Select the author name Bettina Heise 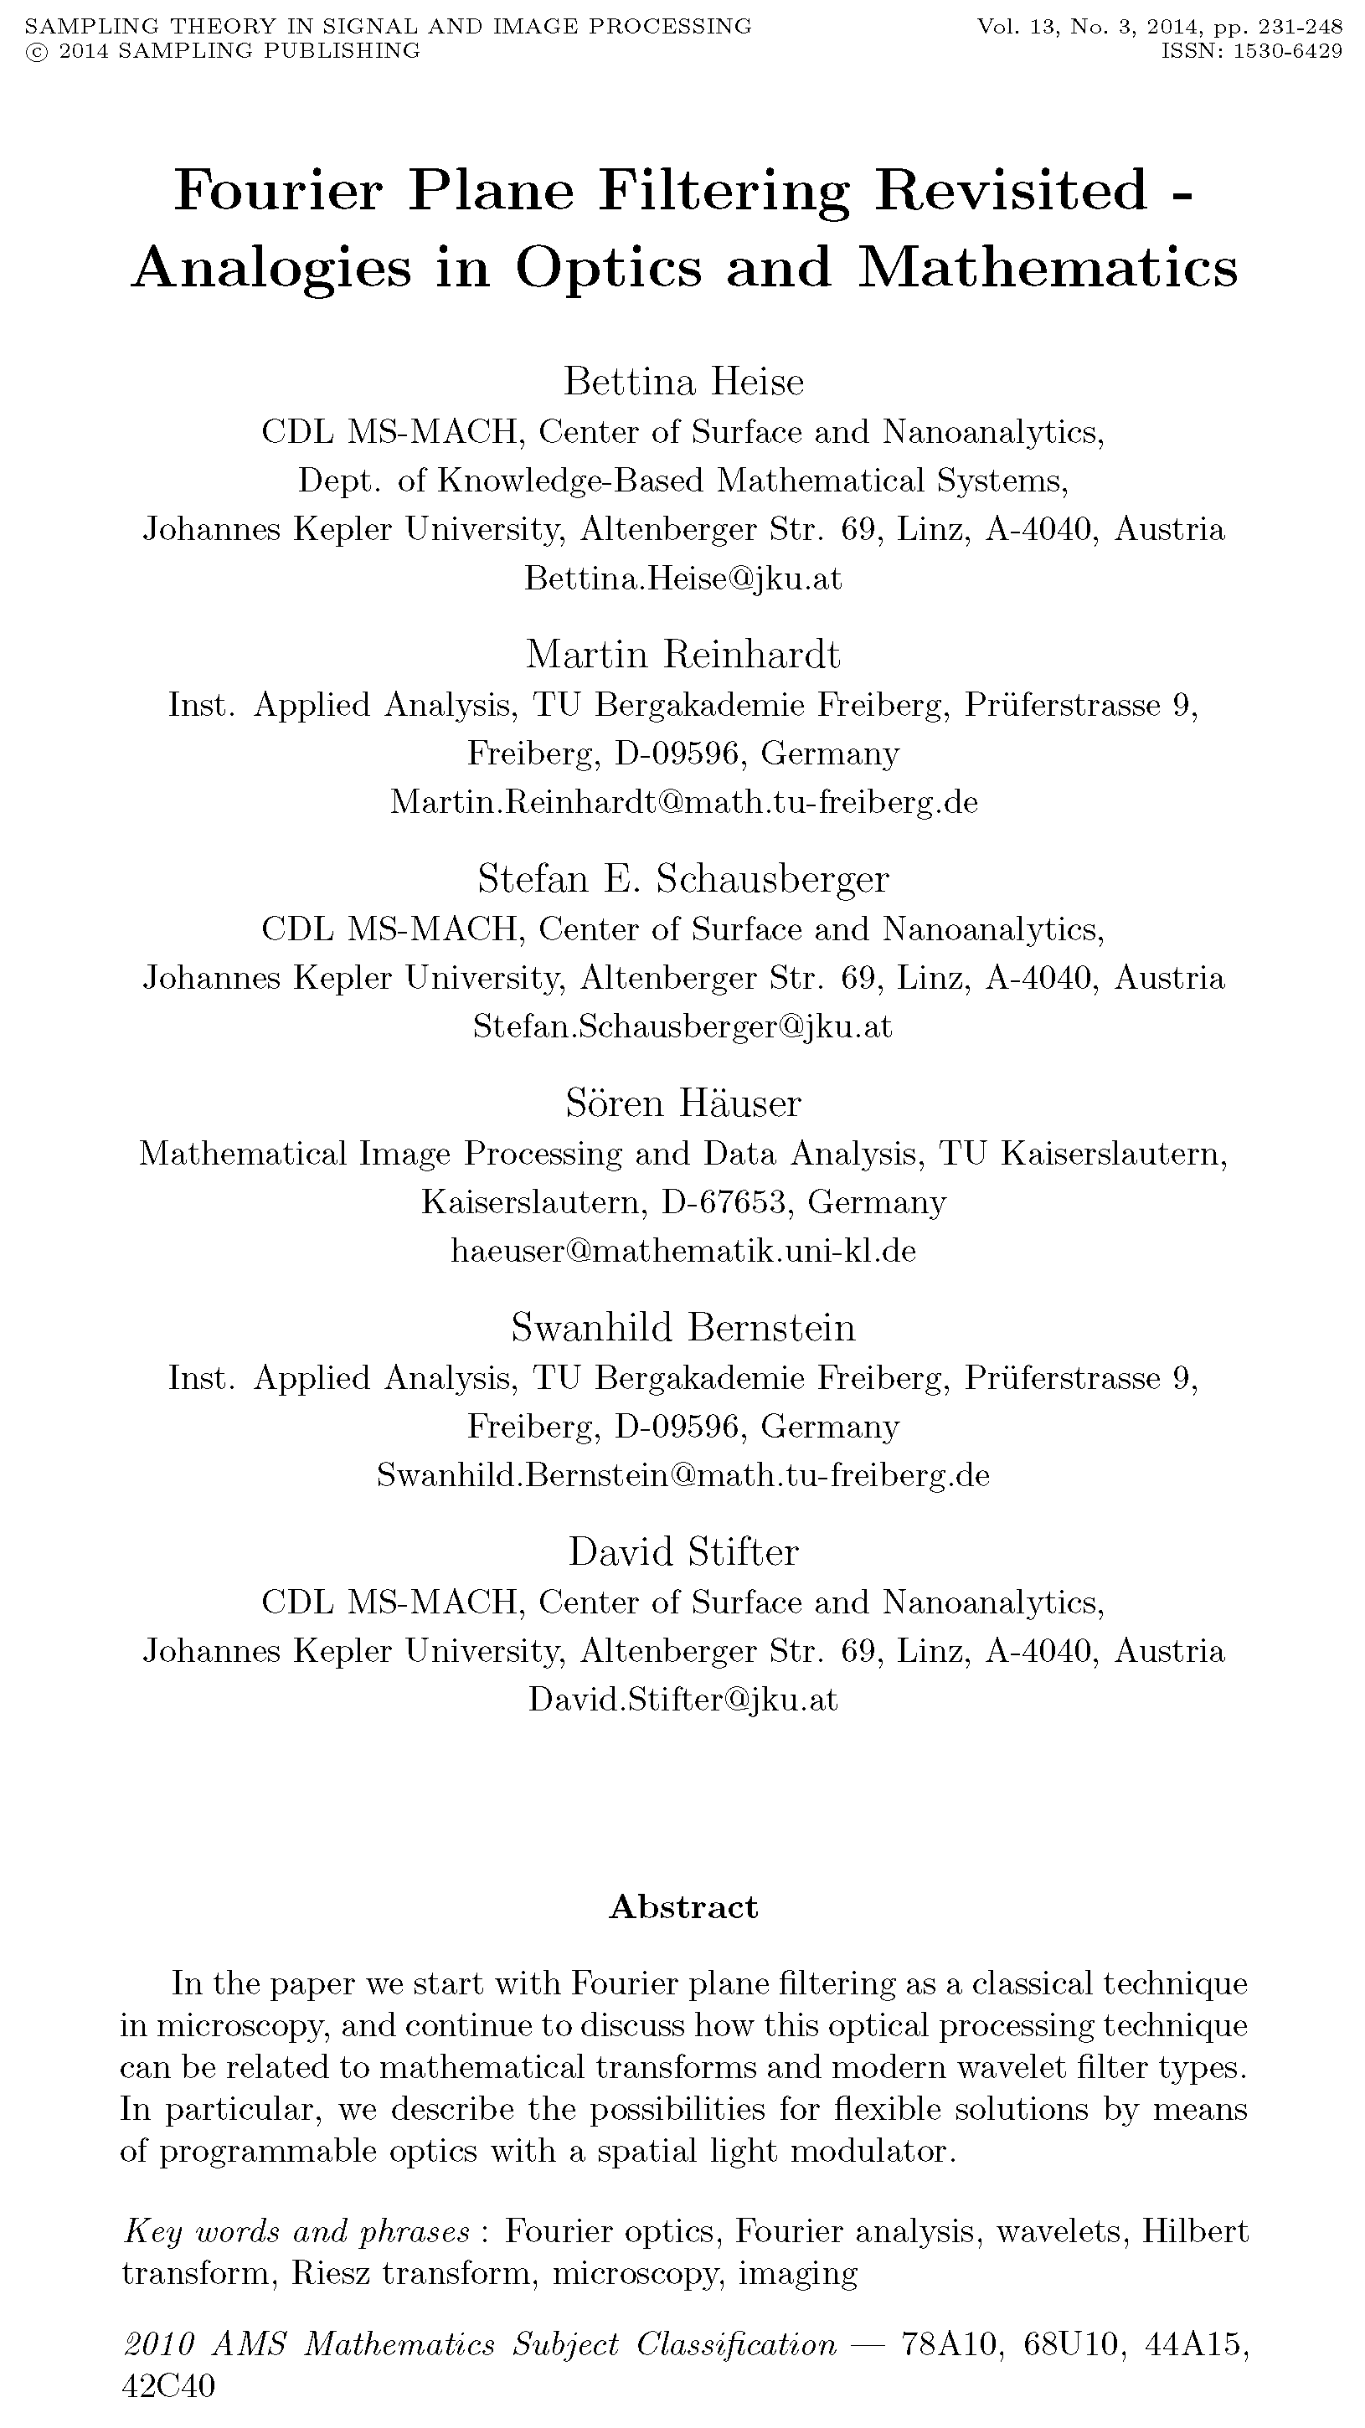(683, 382)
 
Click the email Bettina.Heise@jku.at (682, 578)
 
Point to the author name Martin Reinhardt (682, 654)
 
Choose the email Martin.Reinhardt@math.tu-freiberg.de (683, 802)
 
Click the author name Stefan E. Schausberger (682, 878)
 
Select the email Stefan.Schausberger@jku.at (682, 1026)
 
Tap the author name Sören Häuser (682, 1103)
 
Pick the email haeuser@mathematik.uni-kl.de (682, 1251)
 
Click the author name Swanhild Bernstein (682, 1327)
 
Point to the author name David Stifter (682, 1551)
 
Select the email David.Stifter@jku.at (682, 1700)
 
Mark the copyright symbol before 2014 (36, 51)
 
